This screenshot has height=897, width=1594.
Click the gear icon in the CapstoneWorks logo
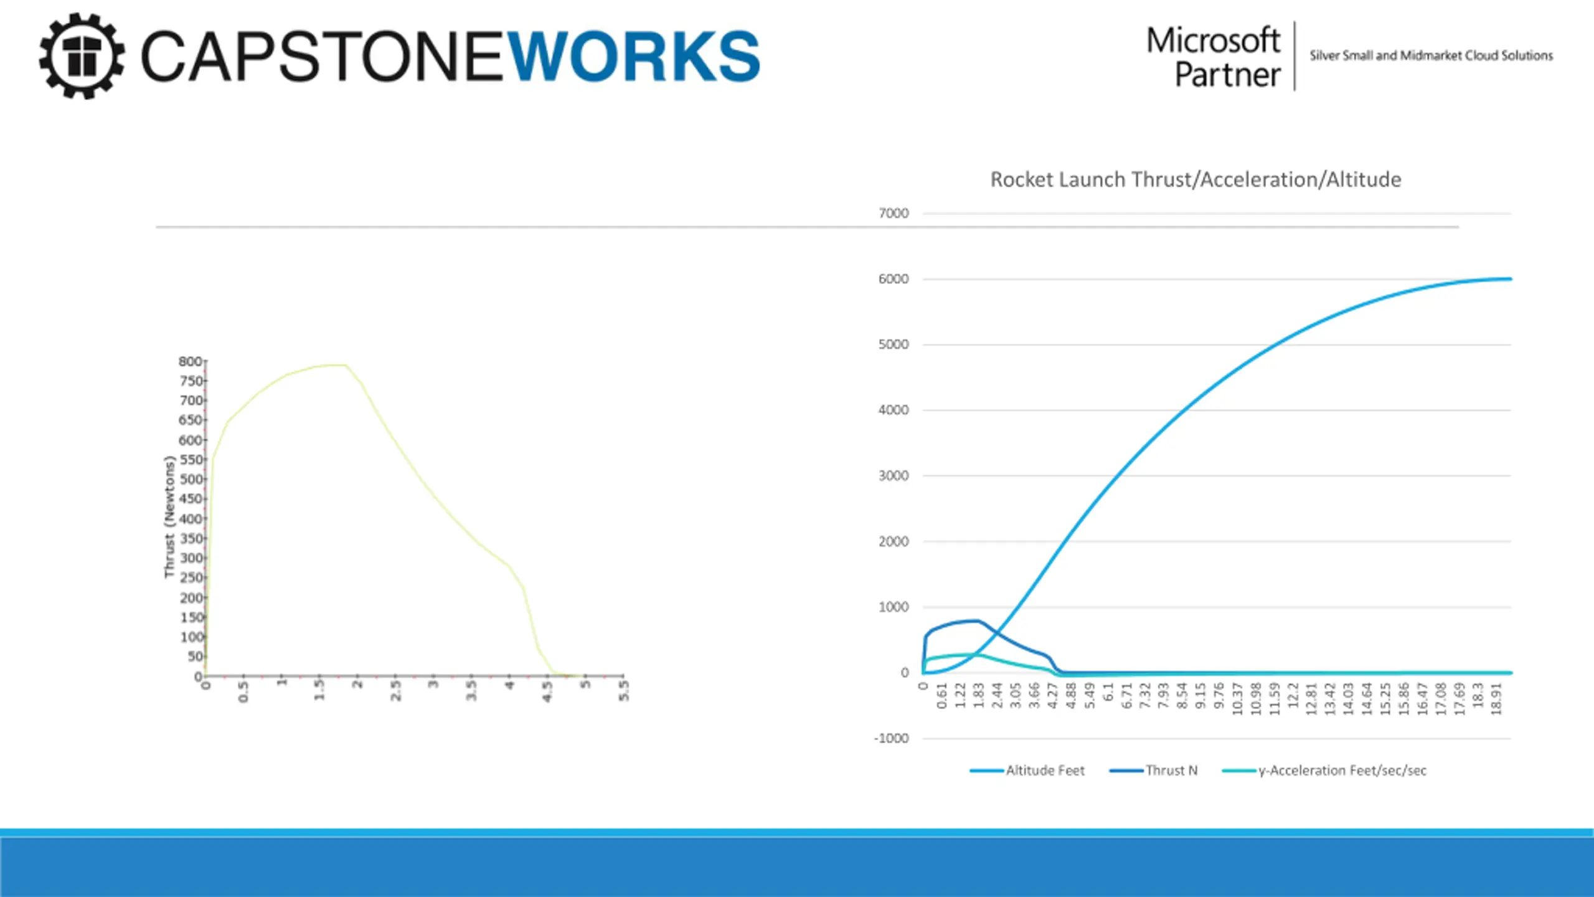81,56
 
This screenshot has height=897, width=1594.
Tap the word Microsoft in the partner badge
1213,41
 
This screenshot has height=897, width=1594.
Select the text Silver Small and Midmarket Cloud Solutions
1431,55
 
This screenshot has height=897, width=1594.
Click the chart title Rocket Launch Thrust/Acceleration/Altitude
1195,179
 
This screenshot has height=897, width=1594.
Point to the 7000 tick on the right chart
894,214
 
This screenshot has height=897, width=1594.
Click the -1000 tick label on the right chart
892,739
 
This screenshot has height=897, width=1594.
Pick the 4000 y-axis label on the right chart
894,411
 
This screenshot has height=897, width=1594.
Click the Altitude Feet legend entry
1045,771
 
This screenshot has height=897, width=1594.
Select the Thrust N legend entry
1171,771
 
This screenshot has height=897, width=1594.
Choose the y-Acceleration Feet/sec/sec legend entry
1342,771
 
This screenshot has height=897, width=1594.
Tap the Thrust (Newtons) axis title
169,517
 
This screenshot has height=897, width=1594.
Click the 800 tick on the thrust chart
190,362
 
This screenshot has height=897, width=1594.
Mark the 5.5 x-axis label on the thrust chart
624,691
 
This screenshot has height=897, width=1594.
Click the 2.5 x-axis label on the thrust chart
395,691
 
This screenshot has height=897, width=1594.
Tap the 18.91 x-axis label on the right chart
1497,699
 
